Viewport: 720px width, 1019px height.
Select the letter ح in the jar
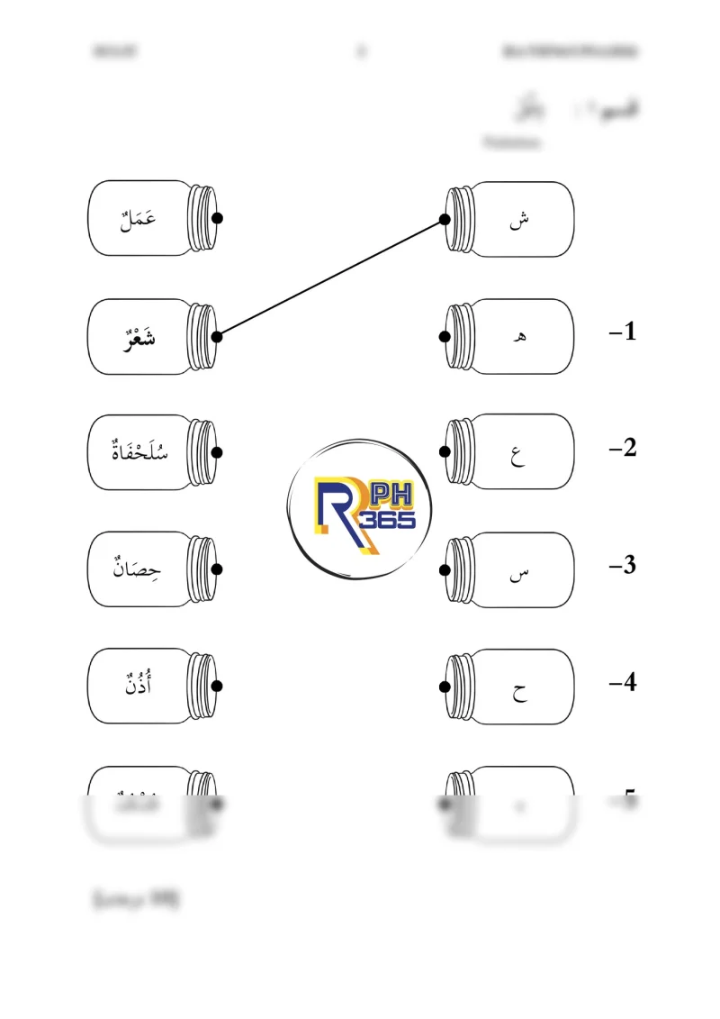coord(520,690)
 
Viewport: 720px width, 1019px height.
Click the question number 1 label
coord(623,332)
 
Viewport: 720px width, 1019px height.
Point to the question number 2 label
coord(623,448)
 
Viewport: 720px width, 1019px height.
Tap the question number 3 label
coord(623,566)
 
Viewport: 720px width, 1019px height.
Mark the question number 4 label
coord(623,683)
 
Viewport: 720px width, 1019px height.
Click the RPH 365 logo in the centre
coord(360,510)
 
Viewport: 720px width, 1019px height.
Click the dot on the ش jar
coord(445,219)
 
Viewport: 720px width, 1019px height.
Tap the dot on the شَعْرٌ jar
coord(217,336)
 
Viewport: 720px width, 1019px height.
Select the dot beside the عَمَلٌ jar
coord(217,218)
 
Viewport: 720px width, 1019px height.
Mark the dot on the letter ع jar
coord(445,451)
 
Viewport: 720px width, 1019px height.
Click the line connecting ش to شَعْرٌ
coord(331,277)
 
